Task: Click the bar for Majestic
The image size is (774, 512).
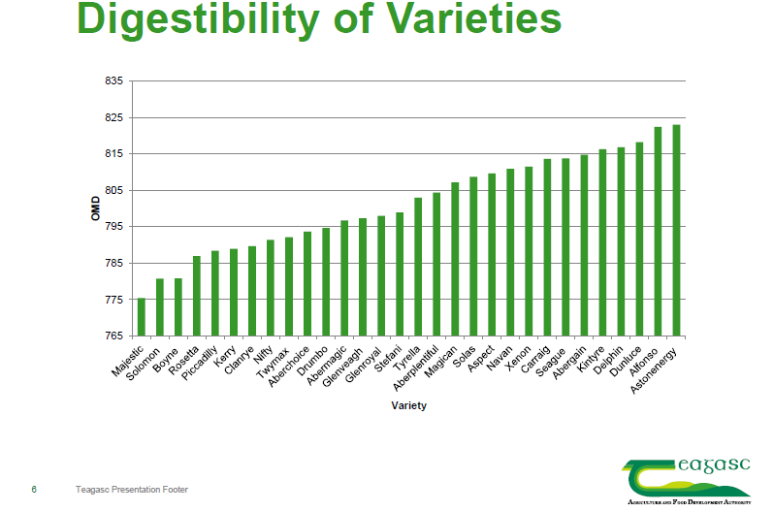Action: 142,317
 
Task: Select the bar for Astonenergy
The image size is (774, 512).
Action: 676,230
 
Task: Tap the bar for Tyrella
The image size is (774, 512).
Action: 418,267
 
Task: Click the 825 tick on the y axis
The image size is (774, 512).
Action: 113,117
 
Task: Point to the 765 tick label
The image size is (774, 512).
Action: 113,336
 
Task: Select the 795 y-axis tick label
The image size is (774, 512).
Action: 113,227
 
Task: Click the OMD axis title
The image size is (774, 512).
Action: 95,208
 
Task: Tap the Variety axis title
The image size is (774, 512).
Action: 408,405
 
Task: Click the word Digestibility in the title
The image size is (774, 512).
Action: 199,21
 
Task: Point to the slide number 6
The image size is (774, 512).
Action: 34,490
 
